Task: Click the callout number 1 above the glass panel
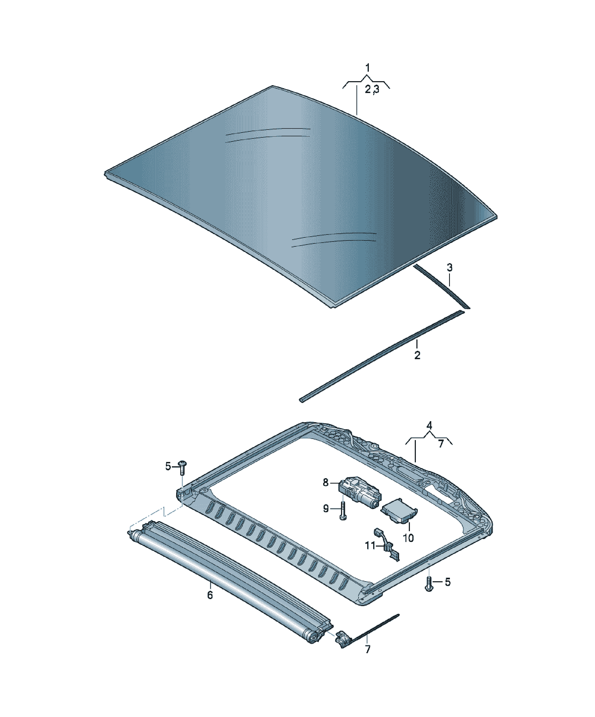point(367,68)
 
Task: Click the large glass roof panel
point(300,196)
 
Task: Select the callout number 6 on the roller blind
point(210,595)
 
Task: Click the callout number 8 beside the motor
point(326,483)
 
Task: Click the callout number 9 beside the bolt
point(326,509)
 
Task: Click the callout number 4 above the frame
point(429,425)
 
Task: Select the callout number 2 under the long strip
point(417,355)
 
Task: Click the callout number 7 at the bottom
point(367,649)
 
